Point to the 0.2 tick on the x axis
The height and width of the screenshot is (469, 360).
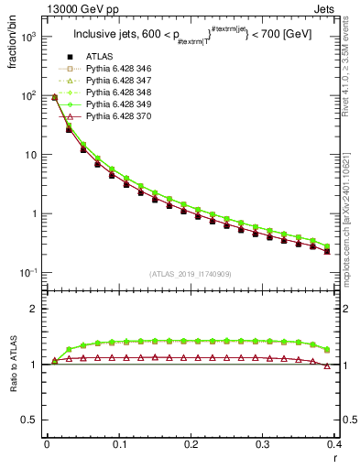click(191, 443)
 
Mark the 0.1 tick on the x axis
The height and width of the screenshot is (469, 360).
click(119, 443)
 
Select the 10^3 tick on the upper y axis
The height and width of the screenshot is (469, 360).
click(32, 37)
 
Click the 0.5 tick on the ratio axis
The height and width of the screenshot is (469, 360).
click(31, 420)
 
